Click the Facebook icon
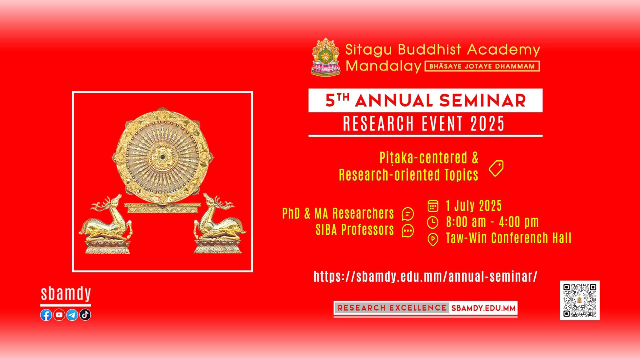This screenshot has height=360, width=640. pyautogui.click(x=46, y=315)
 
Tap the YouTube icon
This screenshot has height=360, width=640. pyautogui.click(x=59, y=315)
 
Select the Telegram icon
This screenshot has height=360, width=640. pyautogui.click(x=72, y=315)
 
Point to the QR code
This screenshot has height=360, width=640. pyautogui.click(x=580, y=300)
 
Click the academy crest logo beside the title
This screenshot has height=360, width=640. pyautogui.click(x=326, y=57)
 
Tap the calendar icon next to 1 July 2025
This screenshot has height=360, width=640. pyautogui.click(x=433, y=206)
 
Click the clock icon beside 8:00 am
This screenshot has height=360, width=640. pyautogui.click(x=433, y=222)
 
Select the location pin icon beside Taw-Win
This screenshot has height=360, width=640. pyautogui.click(x=433, y=240)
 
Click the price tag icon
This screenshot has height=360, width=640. pyautogui.click(x=496, y=168)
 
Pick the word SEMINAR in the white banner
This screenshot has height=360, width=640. pyautogui.click(x=482, y=101)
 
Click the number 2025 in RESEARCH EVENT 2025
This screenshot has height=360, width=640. pyautogui.click(x=487, y=123)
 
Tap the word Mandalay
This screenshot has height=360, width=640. pyautogui.click(x=383, y=66)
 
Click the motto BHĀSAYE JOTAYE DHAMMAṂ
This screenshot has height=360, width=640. pyautogui.click(x=482, y=66)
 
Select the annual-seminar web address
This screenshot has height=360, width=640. pyautogui.click(x=426, y=277)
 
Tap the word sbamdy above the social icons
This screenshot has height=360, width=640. pyautogui.click(x=66, y=294)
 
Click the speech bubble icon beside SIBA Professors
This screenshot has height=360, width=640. pyautogui.click(x=408, y=231)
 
